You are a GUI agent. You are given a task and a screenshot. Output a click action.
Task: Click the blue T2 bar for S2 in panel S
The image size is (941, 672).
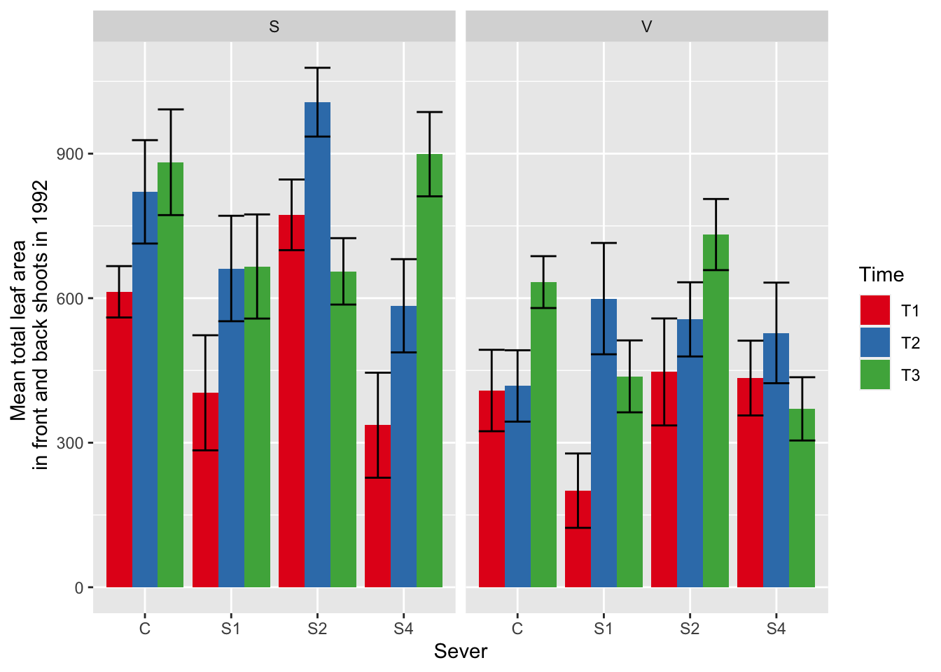tap(317, 350)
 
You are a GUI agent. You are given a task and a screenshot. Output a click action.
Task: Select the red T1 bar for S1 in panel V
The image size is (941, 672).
tap(578, 539)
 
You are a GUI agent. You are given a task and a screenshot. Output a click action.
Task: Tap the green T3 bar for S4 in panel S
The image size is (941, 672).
tap(429, 371)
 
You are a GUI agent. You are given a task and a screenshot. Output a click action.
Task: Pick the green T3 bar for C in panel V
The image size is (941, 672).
tap(543, 434)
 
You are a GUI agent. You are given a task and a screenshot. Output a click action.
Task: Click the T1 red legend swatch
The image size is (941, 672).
tap(874, 310)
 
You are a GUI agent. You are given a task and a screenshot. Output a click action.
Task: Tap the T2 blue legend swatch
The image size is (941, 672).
tap(874, 342)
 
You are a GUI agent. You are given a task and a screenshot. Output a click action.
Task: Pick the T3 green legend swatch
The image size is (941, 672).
tap(874, 374)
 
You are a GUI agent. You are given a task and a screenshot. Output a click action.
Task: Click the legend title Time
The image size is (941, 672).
tap(881, 274)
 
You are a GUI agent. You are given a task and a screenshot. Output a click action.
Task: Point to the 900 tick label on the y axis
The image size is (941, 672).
tap(70, 154)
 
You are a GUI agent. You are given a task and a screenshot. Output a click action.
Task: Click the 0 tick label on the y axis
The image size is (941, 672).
tap(79, 588)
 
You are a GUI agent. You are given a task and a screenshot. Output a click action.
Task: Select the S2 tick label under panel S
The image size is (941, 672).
tap(317, 629)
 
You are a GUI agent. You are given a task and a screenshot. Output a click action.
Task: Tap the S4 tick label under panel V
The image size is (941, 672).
tap(776, 629)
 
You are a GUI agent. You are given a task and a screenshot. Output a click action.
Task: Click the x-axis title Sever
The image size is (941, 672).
tap(460, 652)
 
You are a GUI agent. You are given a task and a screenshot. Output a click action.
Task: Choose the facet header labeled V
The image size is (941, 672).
tap(646, 27)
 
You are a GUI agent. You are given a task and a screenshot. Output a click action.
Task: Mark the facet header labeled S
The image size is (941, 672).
tap(274, 27)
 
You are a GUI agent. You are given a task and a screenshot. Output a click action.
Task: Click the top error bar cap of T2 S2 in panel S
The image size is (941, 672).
tap(317, 68)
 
